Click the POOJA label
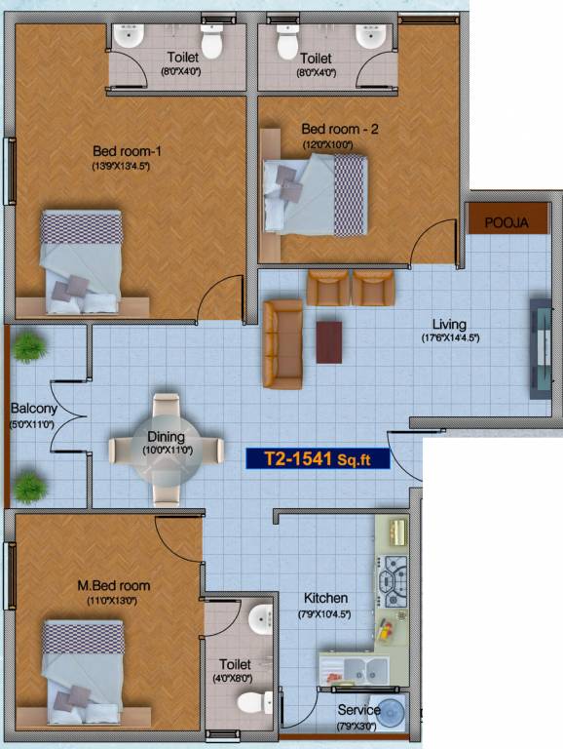click(x=506, y=222)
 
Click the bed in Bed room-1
click(x=82, y=260)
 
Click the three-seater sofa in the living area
click(x=282, y=343)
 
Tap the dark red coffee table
click(x=329, y=342)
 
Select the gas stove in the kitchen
click(x=393, y=582)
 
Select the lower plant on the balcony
click(x=30, y=486)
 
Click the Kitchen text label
click(x=325, y=598)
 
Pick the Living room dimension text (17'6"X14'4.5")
click(x=449, y=338)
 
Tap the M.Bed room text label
click(x=114, y=585)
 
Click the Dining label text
click(x=166, y=436)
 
